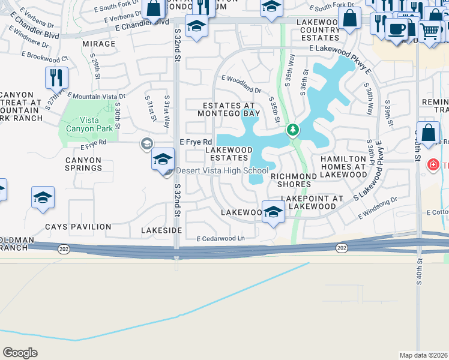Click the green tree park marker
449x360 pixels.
click(293, 130)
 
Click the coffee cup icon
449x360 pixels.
click(396, 29)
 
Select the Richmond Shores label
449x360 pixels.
click(291, 180)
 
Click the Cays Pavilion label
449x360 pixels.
click(78, 227)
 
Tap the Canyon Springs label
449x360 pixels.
click(83, 164)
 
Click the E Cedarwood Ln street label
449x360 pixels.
click(220, 239)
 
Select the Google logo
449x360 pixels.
click(20, 352)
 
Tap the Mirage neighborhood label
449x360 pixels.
click(98, 44)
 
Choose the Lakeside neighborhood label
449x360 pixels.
click(161, 230)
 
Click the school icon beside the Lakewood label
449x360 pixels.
click(273, 212)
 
